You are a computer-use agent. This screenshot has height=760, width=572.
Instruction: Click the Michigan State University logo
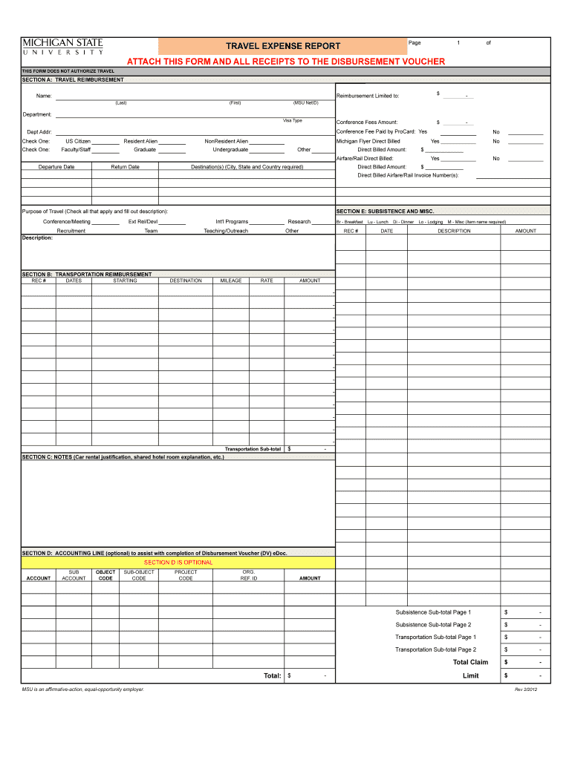62,46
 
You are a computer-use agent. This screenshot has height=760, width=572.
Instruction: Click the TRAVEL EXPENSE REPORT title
283,46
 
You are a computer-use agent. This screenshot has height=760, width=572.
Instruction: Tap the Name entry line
193,96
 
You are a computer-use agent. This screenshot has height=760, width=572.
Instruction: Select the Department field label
37,114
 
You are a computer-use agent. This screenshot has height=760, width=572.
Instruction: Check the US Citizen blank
105,142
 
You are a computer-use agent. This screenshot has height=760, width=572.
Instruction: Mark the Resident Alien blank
172,142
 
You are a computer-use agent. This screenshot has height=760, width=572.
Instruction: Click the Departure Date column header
56,167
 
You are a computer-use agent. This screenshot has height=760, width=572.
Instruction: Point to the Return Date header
125,167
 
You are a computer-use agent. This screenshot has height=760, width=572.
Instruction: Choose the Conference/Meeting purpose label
67,221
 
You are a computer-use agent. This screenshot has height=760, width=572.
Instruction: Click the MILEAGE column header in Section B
231,281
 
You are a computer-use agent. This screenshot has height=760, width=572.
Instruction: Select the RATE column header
267,281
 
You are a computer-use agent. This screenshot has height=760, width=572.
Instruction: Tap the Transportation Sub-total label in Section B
253,449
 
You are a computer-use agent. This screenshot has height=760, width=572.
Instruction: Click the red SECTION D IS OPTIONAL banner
178,562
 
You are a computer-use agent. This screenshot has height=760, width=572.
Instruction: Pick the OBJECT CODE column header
105,575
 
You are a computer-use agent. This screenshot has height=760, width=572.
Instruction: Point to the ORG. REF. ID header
249,575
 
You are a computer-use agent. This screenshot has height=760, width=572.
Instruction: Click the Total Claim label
470,662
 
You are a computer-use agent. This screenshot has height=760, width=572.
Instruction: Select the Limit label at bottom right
470,675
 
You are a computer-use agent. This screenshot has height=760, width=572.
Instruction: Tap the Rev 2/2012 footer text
530,689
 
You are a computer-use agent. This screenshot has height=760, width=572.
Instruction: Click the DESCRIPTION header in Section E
454,231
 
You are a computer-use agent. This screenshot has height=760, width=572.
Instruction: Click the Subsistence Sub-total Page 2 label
433,624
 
